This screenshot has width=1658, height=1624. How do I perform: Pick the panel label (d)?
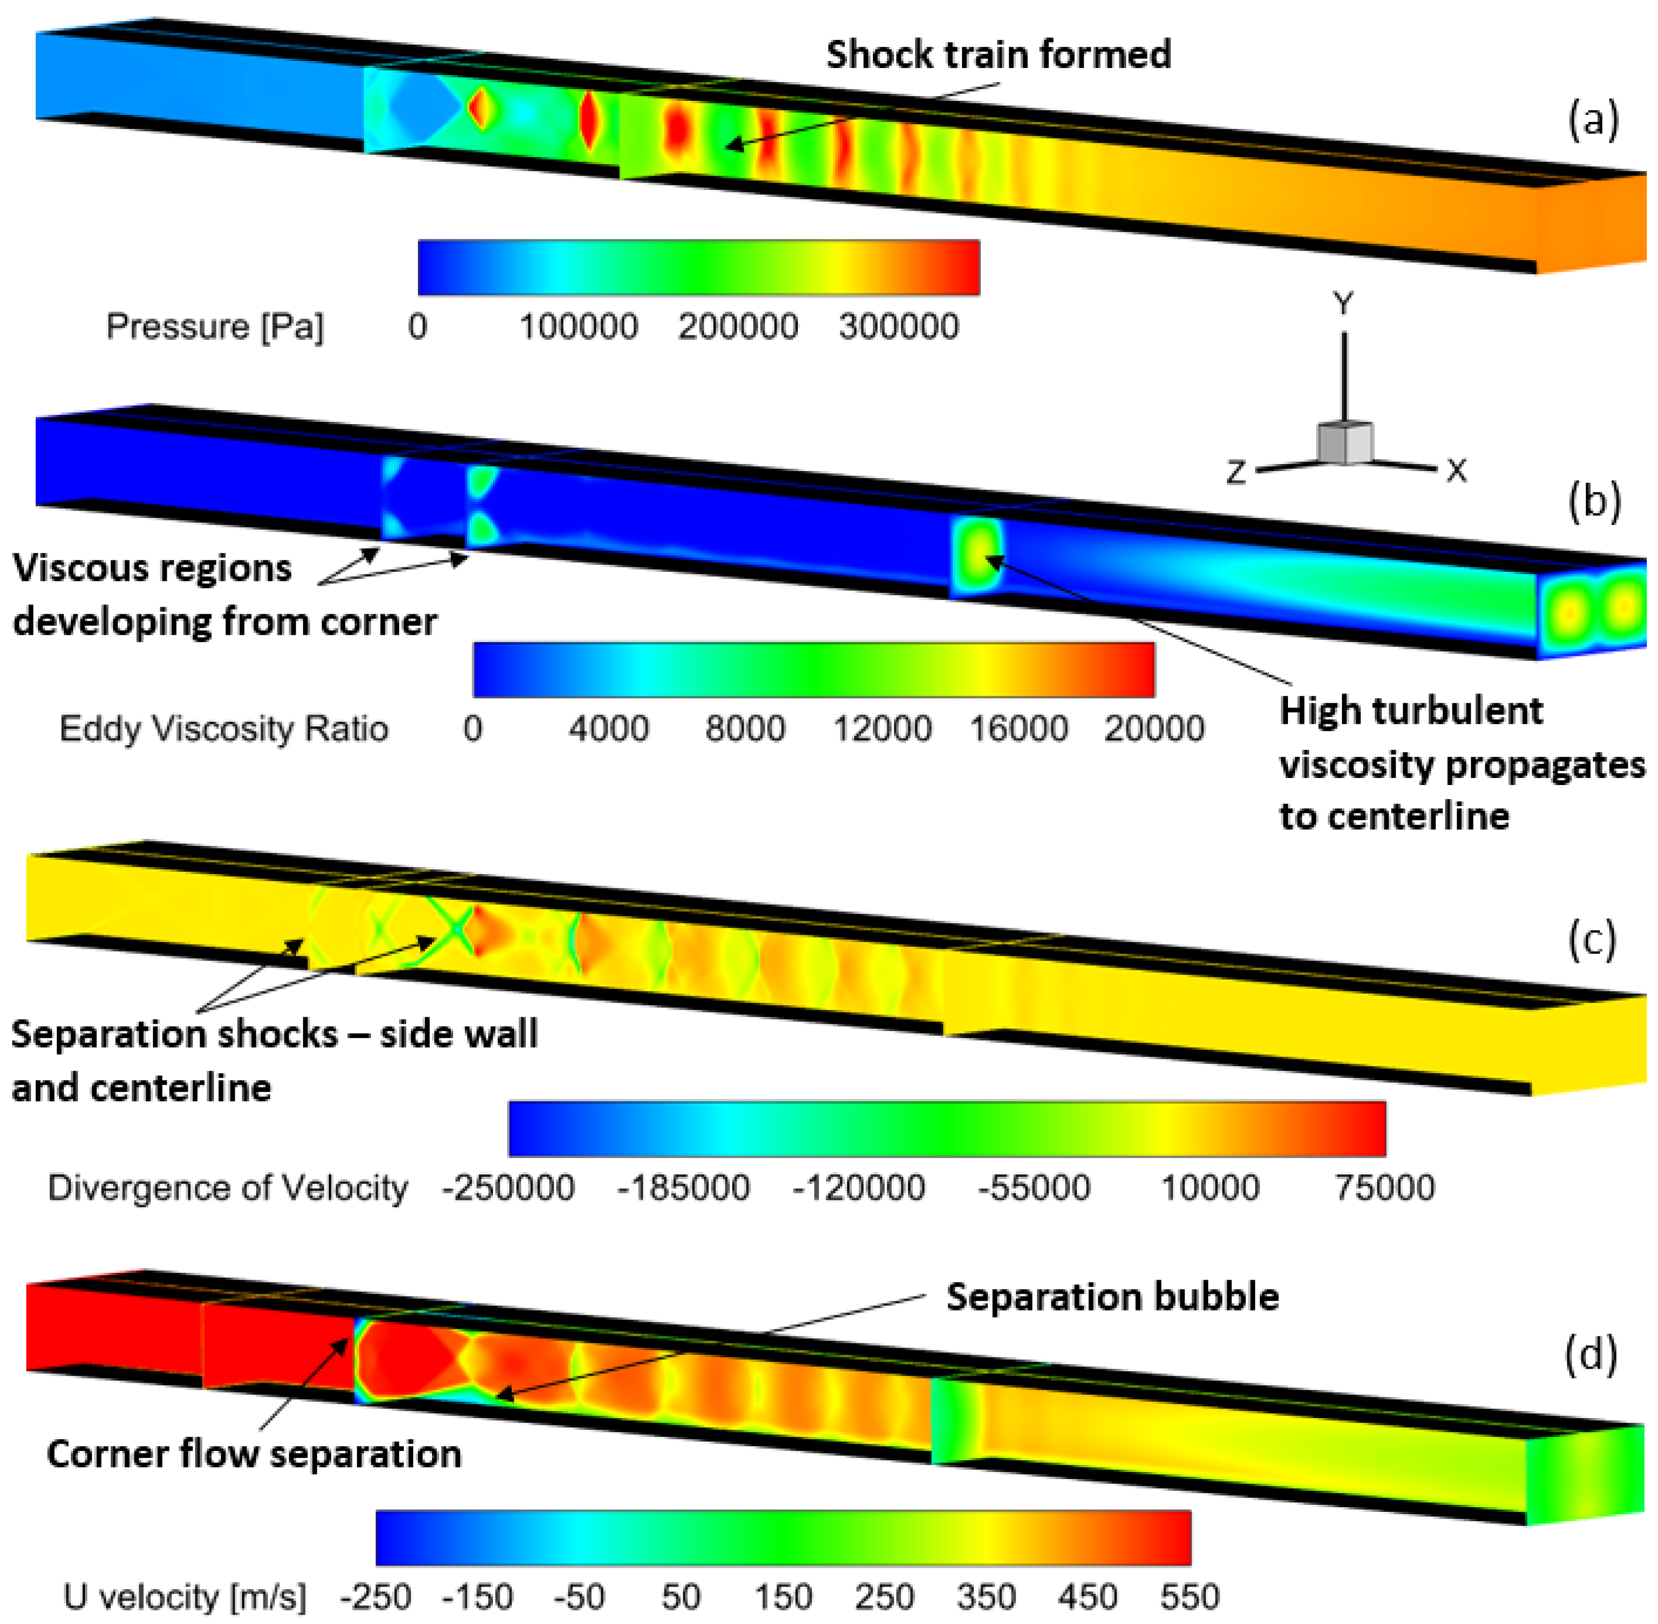1590,1355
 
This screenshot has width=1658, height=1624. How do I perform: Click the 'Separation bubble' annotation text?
1112,1297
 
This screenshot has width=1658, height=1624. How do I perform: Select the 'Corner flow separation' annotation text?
254,1453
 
